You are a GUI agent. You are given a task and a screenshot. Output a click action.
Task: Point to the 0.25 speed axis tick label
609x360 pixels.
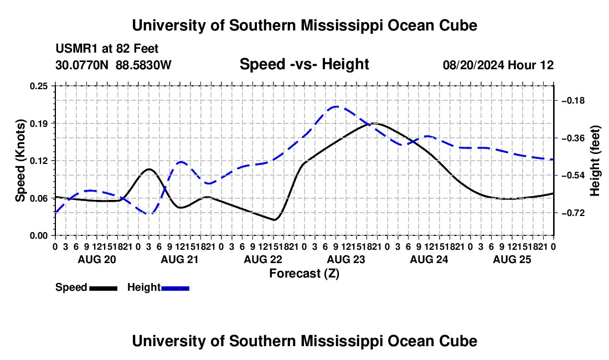point(38,86)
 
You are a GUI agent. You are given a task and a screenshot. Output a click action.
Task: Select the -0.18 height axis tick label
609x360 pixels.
point(573,101)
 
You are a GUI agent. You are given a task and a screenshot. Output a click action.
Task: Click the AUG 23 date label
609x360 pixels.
point(346,259)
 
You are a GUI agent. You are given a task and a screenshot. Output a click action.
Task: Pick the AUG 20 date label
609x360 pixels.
point(97,259)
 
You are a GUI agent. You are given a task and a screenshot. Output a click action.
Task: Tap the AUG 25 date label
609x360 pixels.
point(512,259)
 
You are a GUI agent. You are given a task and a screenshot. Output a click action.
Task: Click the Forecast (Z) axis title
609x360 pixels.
point(304,274)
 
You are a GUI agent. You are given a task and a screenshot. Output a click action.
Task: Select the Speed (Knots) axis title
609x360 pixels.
point(20,161)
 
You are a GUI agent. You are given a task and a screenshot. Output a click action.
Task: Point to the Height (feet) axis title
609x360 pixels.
point(595,161)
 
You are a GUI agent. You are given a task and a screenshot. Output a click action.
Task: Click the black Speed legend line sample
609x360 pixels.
point(104,288)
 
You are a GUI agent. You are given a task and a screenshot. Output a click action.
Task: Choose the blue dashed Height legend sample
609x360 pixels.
point(175,288)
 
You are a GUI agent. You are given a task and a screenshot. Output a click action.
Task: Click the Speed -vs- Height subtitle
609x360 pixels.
point(304,64)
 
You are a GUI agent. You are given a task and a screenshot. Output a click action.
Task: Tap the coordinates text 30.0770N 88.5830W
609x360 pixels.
point(113,65)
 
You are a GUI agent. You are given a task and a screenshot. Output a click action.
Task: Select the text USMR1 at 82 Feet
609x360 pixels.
point(107,49)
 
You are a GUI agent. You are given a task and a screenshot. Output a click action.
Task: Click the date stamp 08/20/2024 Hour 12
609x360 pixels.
point(498,65)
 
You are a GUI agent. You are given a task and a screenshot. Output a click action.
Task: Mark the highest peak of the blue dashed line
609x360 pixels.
point(336,106)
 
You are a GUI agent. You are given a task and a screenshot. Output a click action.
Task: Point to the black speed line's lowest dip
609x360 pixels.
point(275,220)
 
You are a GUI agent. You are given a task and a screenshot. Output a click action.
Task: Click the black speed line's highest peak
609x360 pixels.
point(374,124)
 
